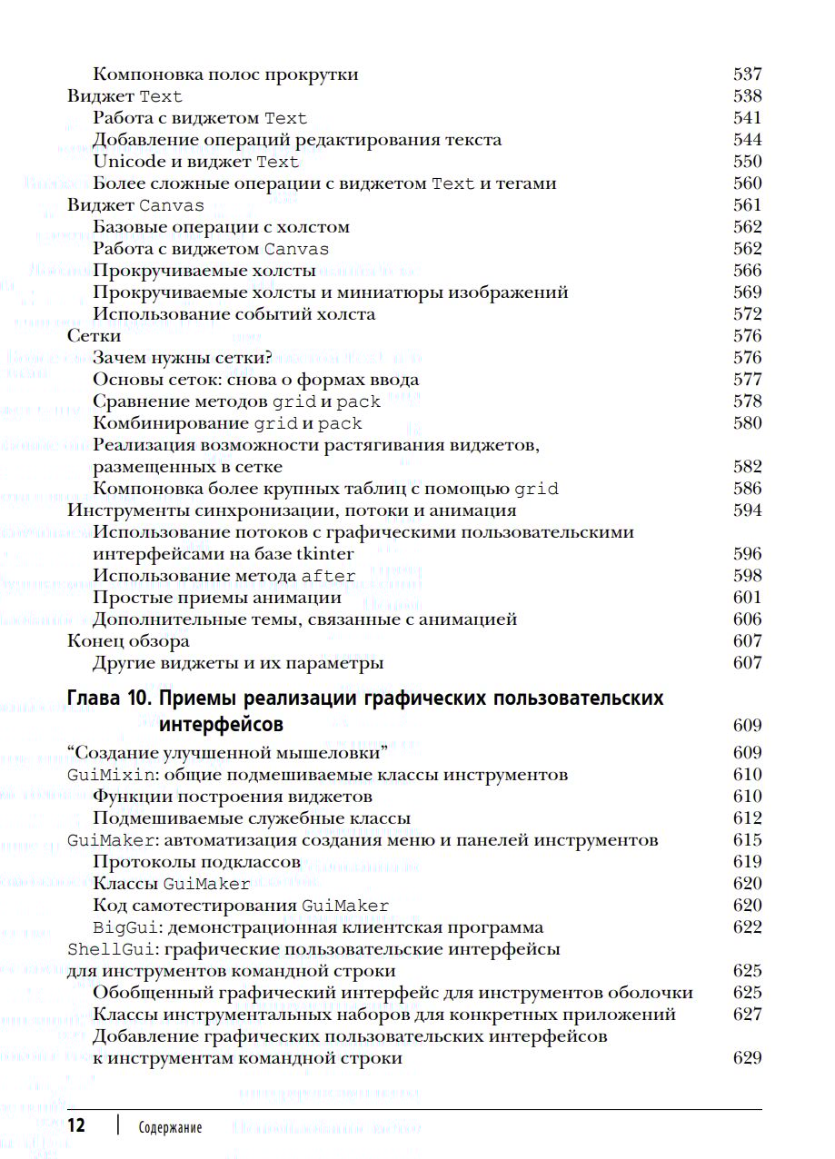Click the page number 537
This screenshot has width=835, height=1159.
(x=747, y=74)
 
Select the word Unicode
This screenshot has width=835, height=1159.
(x=129, y=162)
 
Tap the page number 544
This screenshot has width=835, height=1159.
(x=747, y=140)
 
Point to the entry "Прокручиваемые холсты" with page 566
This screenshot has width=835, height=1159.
(x=204, y=271)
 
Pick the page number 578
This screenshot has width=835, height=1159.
(x=747, y=401)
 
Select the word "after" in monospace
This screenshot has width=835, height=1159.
(x=328, y=576)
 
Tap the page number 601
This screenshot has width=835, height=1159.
(x=747, y=598)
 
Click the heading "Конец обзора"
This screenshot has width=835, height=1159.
(x=129, y=641)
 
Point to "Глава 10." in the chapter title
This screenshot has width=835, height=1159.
(x=111, y=698)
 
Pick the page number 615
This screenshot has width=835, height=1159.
(x=747, y=840)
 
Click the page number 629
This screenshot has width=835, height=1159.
(x=747, y=1058)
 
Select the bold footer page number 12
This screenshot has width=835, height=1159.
(x=77, y=1126)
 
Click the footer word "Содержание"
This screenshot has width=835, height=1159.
(x=171, y=1128)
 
